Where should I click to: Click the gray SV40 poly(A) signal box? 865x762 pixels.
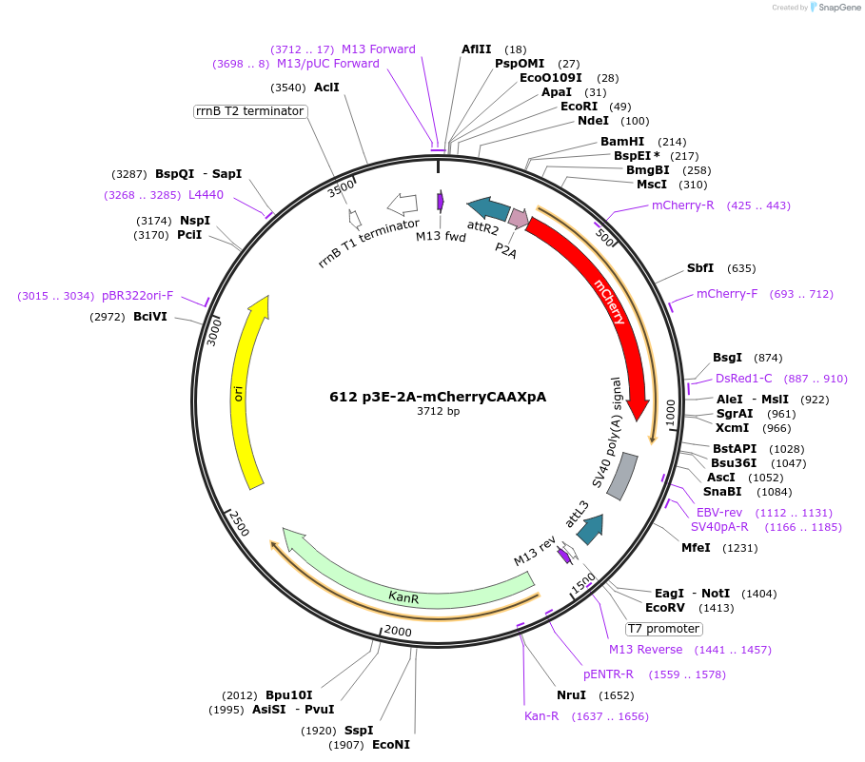click(x=622, y=476)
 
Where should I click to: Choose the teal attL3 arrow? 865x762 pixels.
click(x=591, y=528)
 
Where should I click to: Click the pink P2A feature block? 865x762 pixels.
click(x=518, y=218)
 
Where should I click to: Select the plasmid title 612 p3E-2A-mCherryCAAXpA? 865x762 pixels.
click(x=438, y=397)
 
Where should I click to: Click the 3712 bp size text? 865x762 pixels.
click(x=438, y=412)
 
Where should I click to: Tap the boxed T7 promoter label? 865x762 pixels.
click(x=663, y=629)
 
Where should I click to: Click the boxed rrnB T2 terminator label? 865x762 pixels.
click(x=249, y=111)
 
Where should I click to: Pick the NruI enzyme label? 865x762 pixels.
click(x=571, y=694)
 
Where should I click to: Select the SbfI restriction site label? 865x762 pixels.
click(x=700, y=268)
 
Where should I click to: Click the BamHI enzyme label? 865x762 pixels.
click(x=621, y=142)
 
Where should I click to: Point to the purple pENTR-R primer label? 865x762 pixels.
click(x=608, y=674)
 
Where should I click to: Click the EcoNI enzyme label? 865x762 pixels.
click(x=390, y=745)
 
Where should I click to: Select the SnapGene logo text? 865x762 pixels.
click(x=836, y=7)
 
